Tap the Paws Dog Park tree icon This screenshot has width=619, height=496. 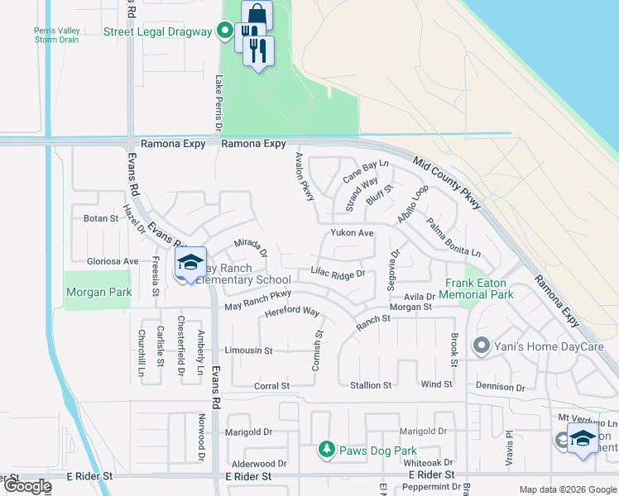[x=327, y=450]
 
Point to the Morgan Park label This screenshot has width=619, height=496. [x=98, y=292]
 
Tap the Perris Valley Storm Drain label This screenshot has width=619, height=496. [x=57, y=36]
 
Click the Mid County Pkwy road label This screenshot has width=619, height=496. [x=447, y=186]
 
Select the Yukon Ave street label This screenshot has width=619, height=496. [x=353, y=233]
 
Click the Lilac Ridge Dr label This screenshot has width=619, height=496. [x=338, y=272]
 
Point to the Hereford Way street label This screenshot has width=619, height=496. [x=292, y=312]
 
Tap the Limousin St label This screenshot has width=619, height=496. [x=248, y=351]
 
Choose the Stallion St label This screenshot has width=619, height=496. [x=371, y=385]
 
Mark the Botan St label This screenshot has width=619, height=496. [x=101, y=219]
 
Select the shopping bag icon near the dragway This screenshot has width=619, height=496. [x=257, y=14]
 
